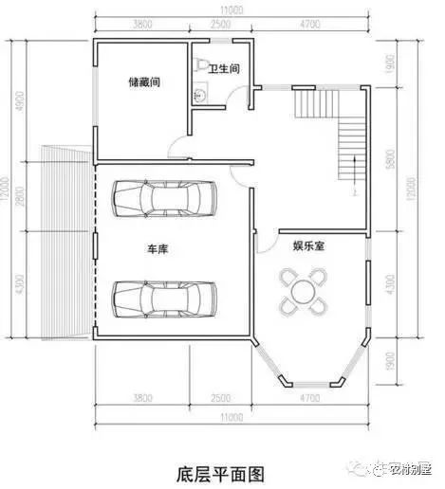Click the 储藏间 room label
tap(143, 82)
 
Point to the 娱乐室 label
tap(309, 245)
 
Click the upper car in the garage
tap(163, 198)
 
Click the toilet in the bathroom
tap(200, 64)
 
